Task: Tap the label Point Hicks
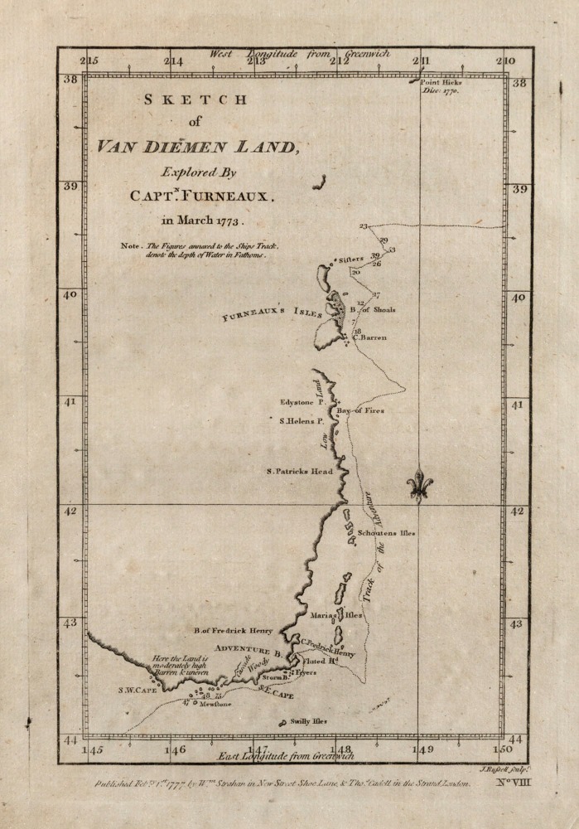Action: (441, 83)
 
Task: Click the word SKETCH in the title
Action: (195, 99)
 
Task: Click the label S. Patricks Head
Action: (299, 471)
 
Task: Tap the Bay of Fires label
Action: (359, 410)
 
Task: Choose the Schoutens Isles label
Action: (385, 533)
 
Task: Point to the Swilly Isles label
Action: (308, 721)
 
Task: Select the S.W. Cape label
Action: (138, 689)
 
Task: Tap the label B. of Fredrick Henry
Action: (233, 631)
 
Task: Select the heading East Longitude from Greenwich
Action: (285, 755)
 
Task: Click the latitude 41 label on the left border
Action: (70, 402)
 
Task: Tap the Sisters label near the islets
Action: (351, 259)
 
